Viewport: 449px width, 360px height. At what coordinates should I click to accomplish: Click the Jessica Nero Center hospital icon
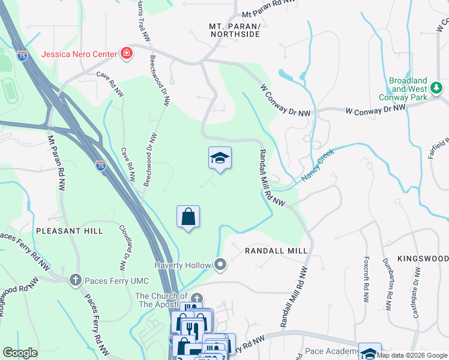[126, 55]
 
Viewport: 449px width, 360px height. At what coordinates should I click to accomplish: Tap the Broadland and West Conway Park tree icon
[438, 89]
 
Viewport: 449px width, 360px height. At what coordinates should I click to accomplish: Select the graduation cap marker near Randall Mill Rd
[220, 158]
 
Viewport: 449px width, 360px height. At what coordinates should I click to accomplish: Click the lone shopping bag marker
[188, 217]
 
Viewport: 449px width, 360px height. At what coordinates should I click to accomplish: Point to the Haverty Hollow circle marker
[220, 265]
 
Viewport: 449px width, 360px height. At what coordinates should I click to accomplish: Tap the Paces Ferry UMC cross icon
[76, 279]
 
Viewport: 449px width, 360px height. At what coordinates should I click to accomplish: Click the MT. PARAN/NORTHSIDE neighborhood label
[235, 30]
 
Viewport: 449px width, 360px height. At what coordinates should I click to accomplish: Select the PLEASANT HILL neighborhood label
[69, 230]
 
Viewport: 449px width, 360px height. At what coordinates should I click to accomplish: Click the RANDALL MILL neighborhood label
[277, 250]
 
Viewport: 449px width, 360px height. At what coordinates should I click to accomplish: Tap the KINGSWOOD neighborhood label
[426, 258]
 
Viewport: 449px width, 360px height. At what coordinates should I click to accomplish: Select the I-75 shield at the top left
[22, 56]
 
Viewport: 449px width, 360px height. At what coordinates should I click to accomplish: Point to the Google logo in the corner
[20, 353]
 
